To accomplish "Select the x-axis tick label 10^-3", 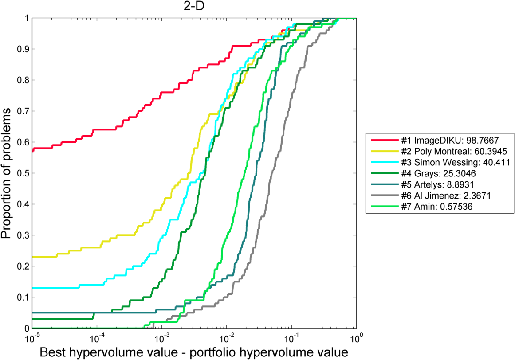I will point(161,338).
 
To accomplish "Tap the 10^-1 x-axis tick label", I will point(291,338).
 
